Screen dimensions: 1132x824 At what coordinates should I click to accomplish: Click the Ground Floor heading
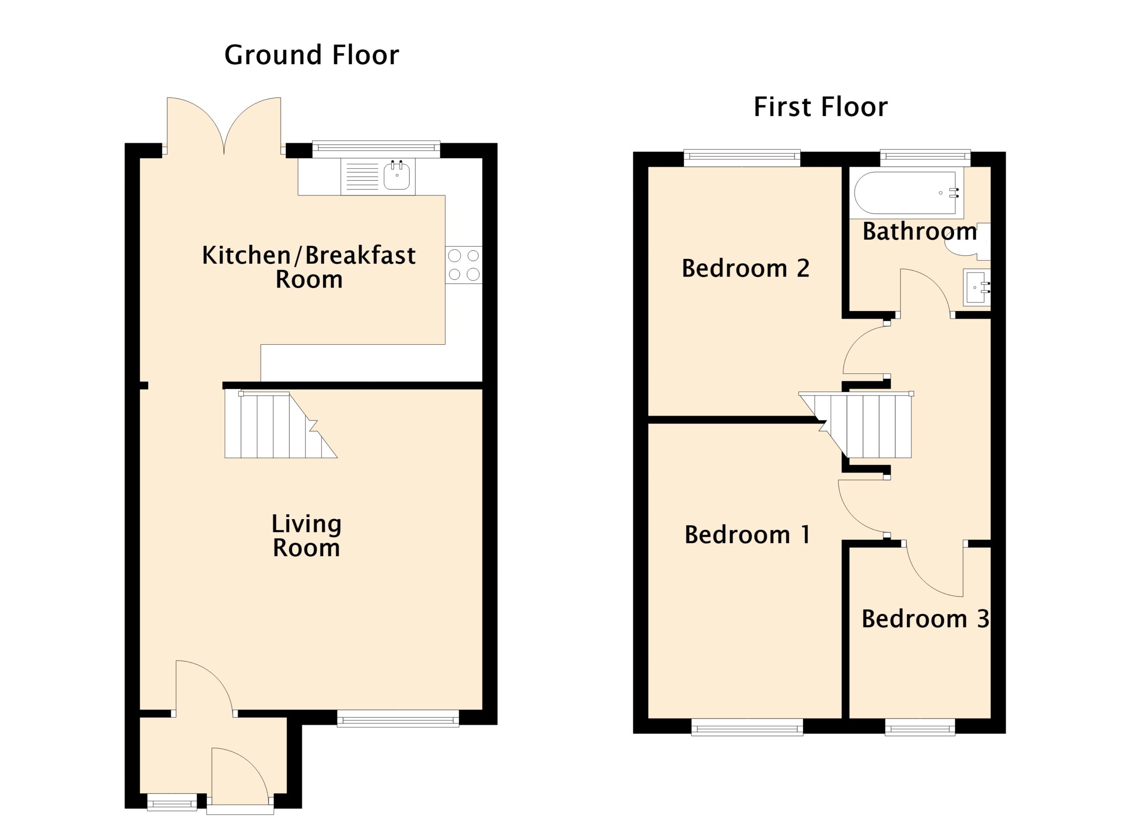pos(311,55)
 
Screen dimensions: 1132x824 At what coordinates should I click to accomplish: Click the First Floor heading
pos(821,107)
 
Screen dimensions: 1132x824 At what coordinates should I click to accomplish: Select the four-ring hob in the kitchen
pos(464,265)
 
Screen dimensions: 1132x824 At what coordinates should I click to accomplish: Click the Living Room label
pos(306,536)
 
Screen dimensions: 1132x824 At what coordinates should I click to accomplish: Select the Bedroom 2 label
pos(746,268)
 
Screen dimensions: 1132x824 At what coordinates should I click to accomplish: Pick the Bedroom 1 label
pos(747,535)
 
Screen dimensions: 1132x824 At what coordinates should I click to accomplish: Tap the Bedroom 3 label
pos(925,619)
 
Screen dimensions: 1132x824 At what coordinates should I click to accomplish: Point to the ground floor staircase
pos(281,425)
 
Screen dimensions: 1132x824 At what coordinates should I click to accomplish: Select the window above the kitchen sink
pos(376,150)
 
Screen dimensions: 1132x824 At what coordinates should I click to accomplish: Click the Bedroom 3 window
pos(920,727)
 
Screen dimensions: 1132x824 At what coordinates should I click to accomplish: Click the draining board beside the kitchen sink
pos(362,177)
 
